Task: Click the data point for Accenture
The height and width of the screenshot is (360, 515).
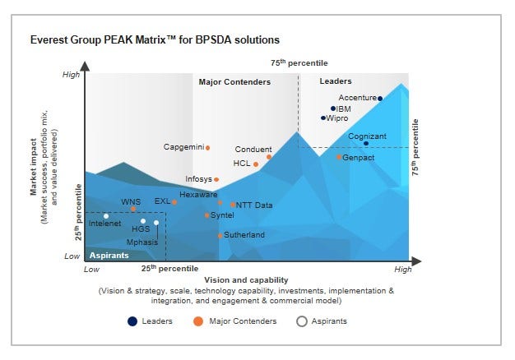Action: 380,98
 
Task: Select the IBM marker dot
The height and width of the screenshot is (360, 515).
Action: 333,108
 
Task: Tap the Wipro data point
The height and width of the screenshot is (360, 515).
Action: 323,118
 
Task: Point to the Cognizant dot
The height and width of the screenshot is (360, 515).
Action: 366,144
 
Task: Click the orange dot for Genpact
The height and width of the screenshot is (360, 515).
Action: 338,157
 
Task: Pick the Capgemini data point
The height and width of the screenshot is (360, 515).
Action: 207,148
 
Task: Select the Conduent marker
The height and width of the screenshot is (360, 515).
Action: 269,156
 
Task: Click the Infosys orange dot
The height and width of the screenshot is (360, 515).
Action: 216,179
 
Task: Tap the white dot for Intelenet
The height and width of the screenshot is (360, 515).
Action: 106,216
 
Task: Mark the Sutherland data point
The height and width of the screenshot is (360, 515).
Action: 220,236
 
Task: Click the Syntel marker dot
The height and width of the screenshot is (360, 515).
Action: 206,215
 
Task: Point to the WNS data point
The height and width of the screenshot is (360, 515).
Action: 133,209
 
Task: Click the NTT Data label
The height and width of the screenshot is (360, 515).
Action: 254,205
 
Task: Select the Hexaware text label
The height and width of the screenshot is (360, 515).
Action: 198,195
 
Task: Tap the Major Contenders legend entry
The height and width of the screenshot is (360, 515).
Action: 235,321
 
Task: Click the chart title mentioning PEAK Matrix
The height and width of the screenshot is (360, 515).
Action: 155,39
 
